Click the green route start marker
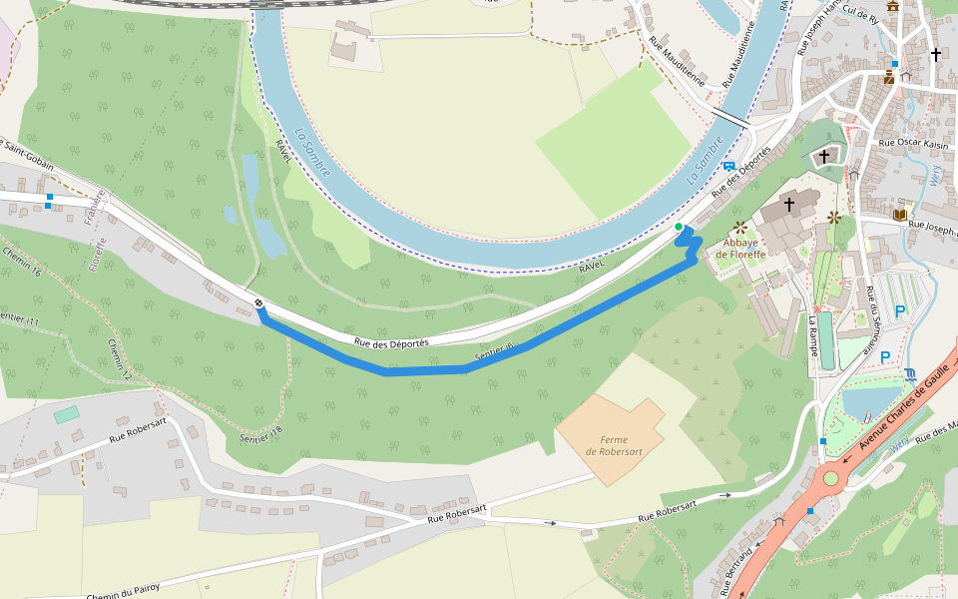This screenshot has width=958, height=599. click(x=679, y=228)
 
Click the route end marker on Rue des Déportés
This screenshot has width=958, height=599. click(x=258, y=302)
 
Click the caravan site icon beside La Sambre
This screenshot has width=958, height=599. click(x=729, y=167)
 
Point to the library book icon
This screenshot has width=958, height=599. click(x=900, y=215)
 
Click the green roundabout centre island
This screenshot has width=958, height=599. click(x=830, y=478)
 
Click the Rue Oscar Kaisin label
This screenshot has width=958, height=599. click(x=913, y=143)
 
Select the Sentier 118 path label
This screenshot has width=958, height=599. click(x=261, y=433)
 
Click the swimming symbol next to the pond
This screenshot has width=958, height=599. click(x=911, y=375)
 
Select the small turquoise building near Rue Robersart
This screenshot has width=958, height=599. click(x=67, y=413)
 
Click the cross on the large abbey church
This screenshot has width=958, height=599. click(x=788, y=205)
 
